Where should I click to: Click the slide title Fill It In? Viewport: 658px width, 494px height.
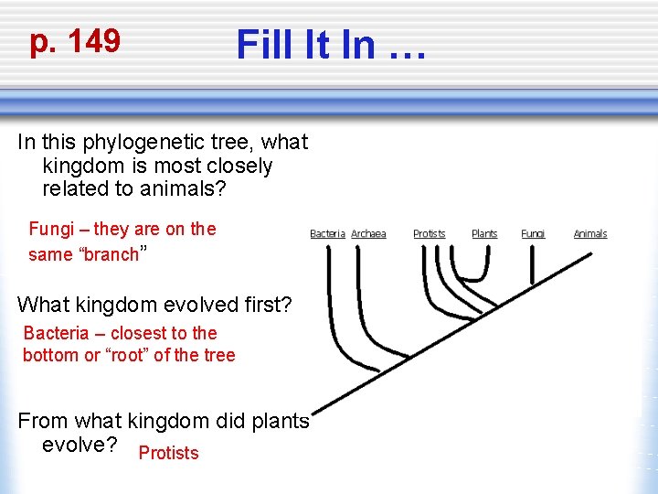330,44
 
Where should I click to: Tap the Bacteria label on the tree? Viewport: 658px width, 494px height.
327,234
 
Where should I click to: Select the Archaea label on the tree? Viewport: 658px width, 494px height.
368,234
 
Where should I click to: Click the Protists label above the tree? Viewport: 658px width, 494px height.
429,234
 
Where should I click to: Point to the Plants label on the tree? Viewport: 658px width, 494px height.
484,234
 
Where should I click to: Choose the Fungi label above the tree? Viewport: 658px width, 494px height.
533,234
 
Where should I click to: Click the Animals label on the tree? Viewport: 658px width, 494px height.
589,234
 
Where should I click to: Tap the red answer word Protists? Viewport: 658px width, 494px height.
168,453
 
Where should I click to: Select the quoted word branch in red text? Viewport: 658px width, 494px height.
111,254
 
